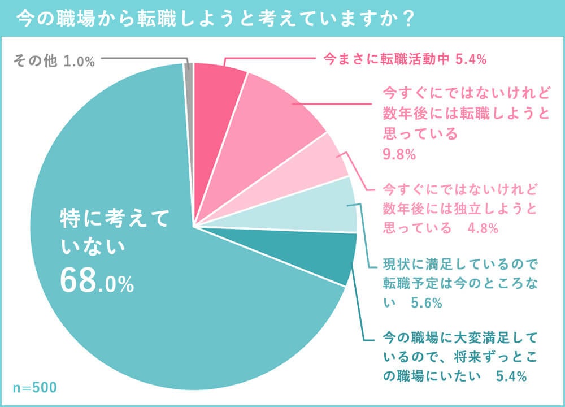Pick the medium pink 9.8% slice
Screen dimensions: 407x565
click(271, 124)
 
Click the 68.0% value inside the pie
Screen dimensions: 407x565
click(97, 281)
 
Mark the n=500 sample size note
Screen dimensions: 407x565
click(34, 388)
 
